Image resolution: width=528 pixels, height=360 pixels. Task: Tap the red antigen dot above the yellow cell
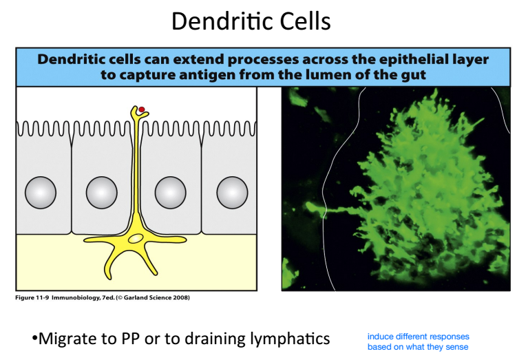click(140, 109)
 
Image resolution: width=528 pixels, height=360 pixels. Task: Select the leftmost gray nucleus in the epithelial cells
click(40, 192)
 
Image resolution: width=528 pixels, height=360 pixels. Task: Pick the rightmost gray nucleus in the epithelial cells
click(231, 192)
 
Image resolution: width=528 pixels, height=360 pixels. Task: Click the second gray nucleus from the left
click(101, 192)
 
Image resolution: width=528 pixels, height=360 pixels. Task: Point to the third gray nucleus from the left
click(169, 192)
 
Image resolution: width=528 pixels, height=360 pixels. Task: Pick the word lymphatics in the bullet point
click(291, 339)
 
